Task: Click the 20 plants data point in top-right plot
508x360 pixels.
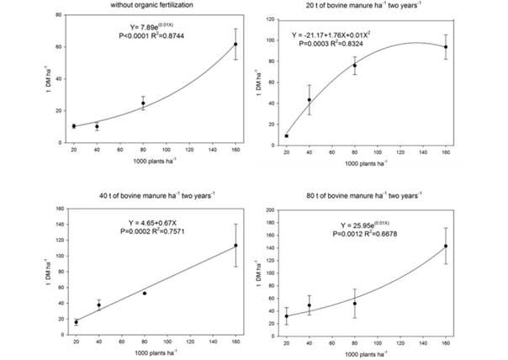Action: (x=287, y=135)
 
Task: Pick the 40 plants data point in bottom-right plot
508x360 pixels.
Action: (x=310, y=306)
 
